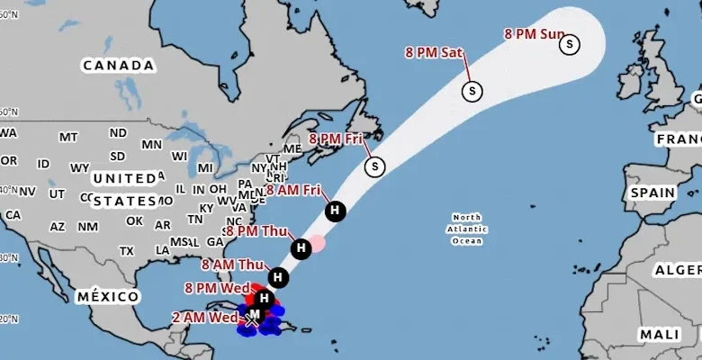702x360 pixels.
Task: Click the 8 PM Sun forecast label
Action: [534, 34]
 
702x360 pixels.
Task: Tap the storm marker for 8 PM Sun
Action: [570, 43]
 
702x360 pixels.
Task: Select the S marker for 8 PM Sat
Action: [472, 90]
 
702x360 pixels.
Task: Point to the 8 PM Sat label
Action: [434, 52]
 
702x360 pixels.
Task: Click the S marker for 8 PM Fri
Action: [375, 166]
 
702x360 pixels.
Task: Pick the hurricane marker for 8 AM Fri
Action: [336, 211]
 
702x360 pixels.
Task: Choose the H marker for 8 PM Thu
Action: [301, 247]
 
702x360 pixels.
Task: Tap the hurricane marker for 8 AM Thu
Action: [278, 278]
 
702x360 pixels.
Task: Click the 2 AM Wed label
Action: [205, 318]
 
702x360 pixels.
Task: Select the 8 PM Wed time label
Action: [217, 288]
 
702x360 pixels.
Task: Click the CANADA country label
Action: [118, 65]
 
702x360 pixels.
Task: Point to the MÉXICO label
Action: [108, 296]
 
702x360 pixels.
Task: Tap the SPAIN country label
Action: [652, 193]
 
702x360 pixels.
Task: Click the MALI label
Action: [660, 334]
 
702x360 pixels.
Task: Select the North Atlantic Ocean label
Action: [467, 229]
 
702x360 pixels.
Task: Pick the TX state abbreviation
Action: [126, 251]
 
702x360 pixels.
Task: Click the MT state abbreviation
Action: [68, 137]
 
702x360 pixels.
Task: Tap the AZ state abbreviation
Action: [58, 227]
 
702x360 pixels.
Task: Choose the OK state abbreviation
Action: [134, 220]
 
